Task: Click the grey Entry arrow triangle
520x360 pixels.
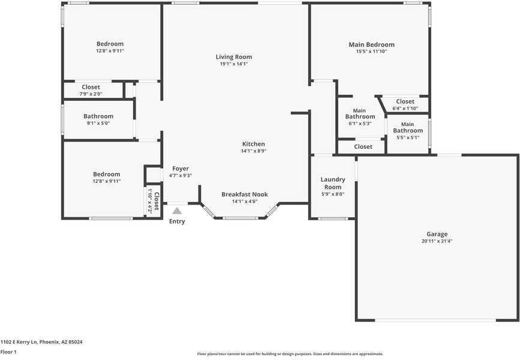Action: click(x=176, y=211)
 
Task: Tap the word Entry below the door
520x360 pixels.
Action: click(x=177, y=221)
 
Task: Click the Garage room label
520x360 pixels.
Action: click(x=437, y=235)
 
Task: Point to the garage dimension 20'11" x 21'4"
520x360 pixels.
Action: click(x=437, y=241)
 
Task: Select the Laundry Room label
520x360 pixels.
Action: click(x=332, y=183)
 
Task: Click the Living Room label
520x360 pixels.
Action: click(x=234, y=57)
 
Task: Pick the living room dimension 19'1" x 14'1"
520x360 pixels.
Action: click(x=234, y=64)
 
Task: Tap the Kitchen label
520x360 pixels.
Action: click(x=253, y=144)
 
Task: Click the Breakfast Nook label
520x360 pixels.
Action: click(x=245, y=194)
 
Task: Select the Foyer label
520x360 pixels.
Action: click(x=181, y=169)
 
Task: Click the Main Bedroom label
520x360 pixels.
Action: click(x=372, y=44)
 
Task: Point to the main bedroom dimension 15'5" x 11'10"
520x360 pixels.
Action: click(x=372, y=52)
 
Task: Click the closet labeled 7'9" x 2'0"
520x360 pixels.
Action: click(x=91, y=87)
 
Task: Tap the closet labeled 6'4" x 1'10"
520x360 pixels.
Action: click(x=405, y=101)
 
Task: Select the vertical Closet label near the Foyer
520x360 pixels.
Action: click(x=157, y=200)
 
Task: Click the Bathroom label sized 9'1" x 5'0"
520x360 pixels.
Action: click(x=98, y=116)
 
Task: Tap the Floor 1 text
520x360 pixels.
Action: click(x=8, y=352)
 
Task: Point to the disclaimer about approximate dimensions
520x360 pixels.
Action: click(x=290, y=354)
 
